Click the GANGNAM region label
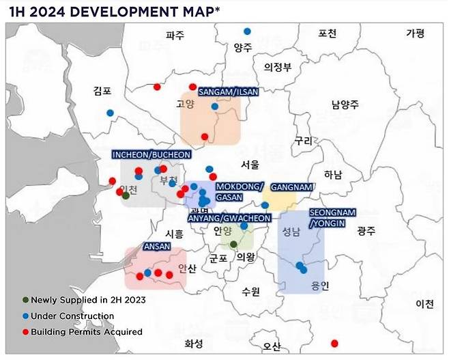(291, 186)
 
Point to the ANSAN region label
(156, 246)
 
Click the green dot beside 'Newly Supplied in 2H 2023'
(25, 300)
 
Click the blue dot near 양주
(247, 31)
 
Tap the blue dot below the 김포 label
(110, 113)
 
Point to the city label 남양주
(345, 105)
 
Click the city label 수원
(250, 292)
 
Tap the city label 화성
(194, 344)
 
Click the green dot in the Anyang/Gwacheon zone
(233, 244)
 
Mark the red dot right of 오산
(334, 343)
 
